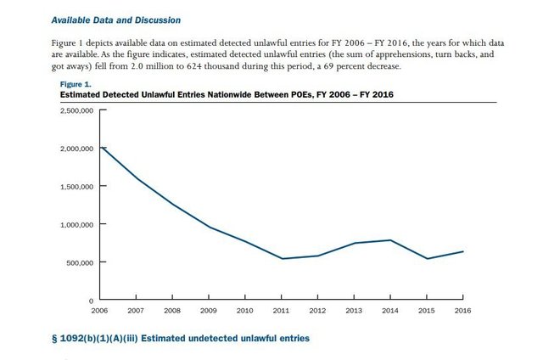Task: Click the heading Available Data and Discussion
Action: pos(127,19)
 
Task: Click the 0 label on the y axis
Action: pos(91,301)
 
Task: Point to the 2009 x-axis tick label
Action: pos(210,311)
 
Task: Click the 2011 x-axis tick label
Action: pos(282,311)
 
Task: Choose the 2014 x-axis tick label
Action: pos(389,311)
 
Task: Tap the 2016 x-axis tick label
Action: pos(462,311)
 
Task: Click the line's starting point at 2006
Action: pos(102,148)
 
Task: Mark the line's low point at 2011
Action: pos(282,259)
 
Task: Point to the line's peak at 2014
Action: pos(389,240)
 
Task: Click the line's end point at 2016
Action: pos(462,251)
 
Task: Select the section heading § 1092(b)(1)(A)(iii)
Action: pos(181,339)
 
